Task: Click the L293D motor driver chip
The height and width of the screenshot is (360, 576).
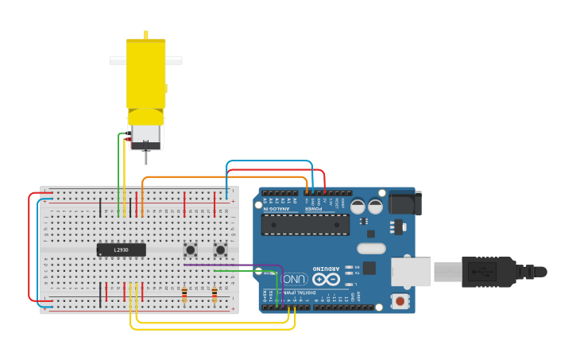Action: [121, 250]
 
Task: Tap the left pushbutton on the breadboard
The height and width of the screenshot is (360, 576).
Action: [191, 250]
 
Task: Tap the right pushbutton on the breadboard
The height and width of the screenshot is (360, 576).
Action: [220, 250]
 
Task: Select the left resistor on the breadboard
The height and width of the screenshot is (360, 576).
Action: [184, 295]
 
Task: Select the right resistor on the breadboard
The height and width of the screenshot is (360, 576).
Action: [214, 295]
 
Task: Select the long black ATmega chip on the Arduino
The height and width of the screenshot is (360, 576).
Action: [305, 224]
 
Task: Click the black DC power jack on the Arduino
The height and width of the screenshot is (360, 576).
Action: [404, 202]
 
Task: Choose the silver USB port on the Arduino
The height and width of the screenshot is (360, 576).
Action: [411, 272]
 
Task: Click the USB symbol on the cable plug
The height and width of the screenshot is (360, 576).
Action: [481, 272]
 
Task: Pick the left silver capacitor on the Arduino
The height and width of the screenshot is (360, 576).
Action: [358, 206]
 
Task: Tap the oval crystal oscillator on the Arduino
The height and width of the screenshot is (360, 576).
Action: [371, 248]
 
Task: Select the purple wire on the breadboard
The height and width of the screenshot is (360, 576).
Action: [238, 265]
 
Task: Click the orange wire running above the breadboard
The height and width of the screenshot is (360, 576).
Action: [222, 177]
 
